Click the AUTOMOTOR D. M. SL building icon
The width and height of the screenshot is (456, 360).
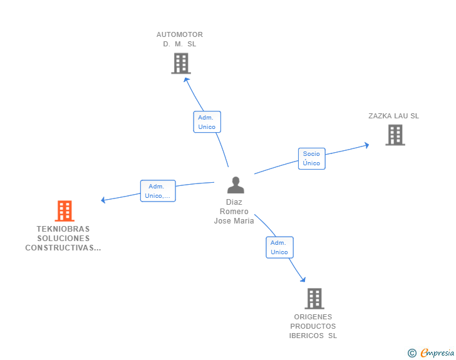pyautogui.click(x=180, y=63)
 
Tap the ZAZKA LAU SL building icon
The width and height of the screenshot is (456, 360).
pyautogui.click(x=395, y=135)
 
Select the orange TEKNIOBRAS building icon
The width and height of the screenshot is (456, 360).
pyautogui.click(x=64, y=211)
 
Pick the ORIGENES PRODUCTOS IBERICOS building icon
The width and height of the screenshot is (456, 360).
pyautogui.click(x=314, y=299)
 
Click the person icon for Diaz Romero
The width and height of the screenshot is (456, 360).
pyautogui.click(x=236, y=185)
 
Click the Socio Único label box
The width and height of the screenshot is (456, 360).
pyautogui.click(x=311, y=158)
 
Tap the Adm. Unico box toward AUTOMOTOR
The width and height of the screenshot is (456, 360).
pyautogui.click(x=207, y=122)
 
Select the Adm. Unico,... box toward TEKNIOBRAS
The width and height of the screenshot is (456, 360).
pyautogui.click(x=157, y=191)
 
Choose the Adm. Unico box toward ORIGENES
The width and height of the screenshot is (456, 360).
pyautogui.click(x=279, y=247)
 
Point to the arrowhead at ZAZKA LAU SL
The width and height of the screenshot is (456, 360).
pyautogui.click(x=366, y=145)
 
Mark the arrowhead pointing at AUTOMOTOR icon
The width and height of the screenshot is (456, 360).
pyautogui.click(x=185, y=80)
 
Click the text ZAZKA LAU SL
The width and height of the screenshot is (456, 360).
pyautogui.click(x=393, y=116)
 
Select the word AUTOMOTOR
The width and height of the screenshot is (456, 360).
pyautogui.click(x=180, y=34)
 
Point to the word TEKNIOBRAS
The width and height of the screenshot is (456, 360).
pyautogui.click(x=63, y=229)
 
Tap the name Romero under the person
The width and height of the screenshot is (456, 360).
pyautogui.click(x=234, y=212)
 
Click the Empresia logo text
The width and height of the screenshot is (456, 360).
pyautogui.click(x=438, y=353)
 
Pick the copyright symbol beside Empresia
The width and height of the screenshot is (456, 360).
pyautogui.click(x=412, y=353)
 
